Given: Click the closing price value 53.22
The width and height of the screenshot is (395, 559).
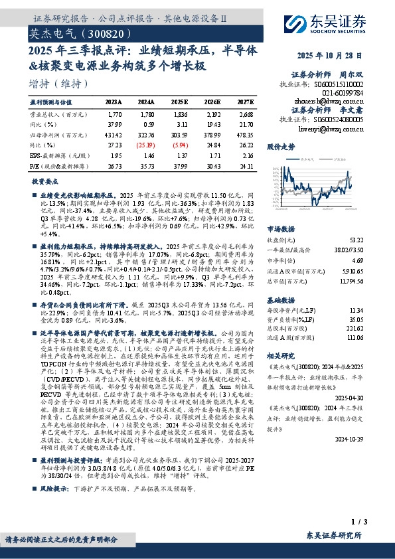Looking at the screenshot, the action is point(355,239).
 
